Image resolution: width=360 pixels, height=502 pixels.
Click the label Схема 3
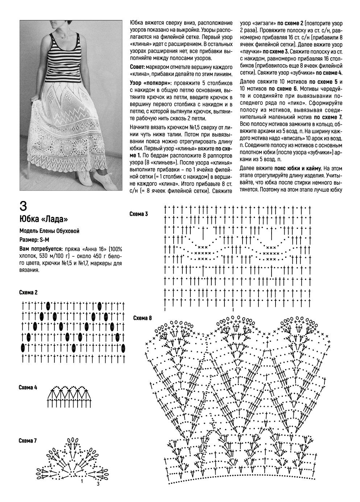point(138,214)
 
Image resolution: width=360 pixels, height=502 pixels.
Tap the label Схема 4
point(28,388)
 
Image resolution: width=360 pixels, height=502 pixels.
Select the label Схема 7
point(28,440)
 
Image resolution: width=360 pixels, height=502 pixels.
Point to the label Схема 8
point(142,318)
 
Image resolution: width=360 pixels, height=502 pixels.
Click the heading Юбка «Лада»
point(44,219)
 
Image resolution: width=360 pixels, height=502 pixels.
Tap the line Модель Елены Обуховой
point(49,231)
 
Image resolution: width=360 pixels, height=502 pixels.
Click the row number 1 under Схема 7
point(82,481)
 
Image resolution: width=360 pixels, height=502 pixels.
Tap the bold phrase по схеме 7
point(328,117)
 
